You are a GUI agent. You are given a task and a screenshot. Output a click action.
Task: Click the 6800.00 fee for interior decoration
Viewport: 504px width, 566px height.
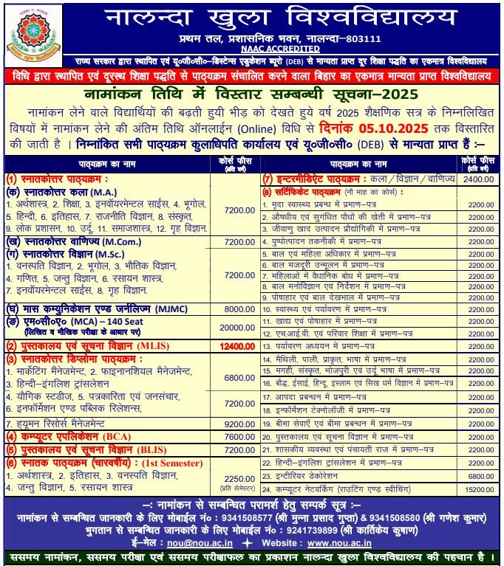480,475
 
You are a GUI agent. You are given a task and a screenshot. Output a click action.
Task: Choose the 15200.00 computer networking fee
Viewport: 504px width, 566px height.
480,489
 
